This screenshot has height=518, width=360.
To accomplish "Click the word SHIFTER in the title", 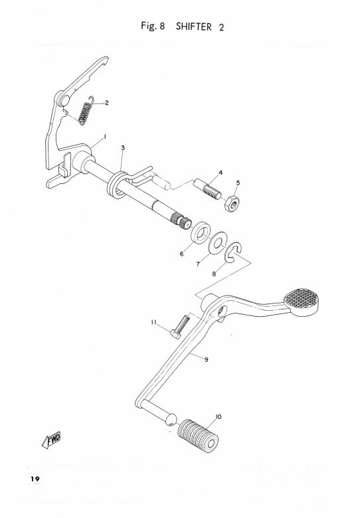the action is [x=193, y=27].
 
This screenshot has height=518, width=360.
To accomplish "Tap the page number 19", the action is [x=35, y=479].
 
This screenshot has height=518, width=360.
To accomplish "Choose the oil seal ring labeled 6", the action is [x=201, y=233].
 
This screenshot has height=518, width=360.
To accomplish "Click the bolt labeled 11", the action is [x=180, y=327].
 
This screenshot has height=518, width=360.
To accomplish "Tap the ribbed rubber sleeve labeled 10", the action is [x=198, y=436].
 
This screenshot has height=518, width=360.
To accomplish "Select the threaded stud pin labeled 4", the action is [x=207, y=189].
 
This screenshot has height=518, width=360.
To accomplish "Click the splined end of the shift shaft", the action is [x=181, y=220].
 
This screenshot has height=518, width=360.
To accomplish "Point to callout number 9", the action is [x=207, y=359].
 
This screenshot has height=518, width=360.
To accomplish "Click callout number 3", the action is [x=123, y=147].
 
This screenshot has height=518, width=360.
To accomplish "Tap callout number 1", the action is [x=105, y=136].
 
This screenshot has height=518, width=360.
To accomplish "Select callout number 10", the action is [x=219, y=417].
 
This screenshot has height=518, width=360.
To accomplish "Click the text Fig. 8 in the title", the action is [x=153, y=26].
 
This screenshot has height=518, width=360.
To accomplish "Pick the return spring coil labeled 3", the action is [x=117, y=185].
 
